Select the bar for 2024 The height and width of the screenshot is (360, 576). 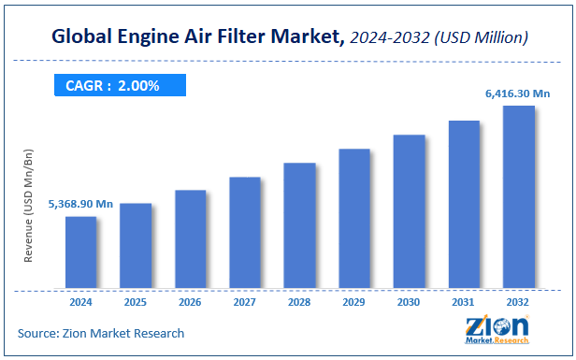click(x=80, y=252)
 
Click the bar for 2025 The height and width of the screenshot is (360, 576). click(x=136, y=245)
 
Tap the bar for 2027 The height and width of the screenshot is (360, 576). click(x=245, y=232)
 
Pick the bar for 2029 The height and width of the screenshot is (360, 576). click(x=354, y=218)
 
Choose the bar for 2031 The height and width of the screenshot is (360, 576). click(x=464, y=204)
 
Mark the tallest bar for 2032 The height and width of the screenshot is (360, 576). click(x=519, y=196)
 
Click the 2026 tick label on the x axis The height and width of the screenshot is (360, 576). click(x=190, y=302)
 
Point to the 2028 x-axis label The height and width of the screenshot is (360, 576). click(x=299, y=302)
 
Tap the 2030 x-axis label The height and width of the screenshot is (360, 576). click(x=409, y=302)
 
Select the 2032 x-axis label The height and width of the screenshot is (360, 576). click(x=519, y=302)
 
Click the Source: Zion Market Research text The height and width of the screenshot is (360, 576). click(x=101, y=333)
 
